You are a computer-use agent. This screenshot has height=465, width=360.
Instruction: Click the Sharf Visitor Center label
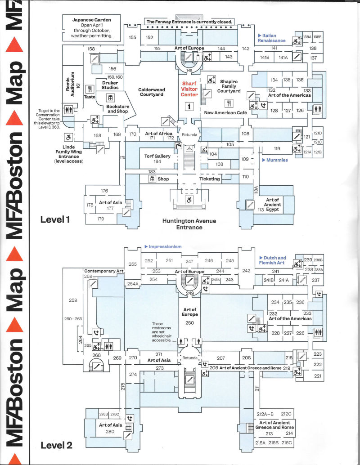[x=189, y=89]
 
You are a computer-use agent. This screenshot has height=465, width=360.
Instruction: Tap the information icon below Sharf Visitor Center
[x=189, y=106]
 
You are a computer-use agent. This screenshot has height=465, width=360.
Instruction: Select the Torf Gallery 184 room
[x=157, y=159]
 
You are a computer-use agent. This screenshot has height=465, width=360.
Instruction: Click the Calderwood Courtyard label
[x=151, y=92]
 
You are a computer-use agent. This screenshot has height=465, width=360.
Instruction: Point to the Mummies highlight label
[x=275, y=160]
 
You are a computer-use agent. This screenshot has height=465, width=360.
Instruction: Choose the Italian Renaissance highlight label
[x=271, y=38]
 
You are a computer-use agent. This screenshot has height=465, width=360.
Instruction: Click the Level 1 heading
[x=55, y=219]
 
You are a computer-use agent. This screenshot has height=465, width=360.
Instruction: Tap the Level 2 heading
[x=56, y=445]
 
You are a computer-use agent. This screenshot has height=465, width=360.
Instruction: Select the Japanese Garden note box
[x=92, y=28]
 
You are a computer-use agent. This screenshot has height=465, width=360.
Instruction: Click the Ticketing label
[x=210, y=179]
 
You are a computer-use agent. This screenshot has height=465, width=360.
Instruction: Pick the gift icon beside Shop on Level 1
[x=152, y=179]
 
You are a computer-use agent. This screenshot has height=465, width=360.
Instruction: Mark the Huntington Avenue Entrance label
[x=189, y=224]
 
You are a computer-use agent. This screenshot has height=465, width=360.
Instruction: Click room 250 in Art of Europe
[x=189, y=323]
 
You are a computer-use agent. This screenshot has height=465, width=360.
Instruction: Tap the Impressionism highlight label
[x=163, y=246]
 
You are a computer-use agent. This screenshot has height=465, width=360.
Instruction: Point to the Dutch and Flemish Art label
[x=272, y=260]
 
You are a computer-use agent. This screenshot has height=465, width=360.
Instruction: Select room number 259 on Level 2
[x=73, y=300]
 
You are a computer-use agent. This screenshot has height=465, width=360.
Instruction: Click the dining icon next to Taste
[x=90, y=89]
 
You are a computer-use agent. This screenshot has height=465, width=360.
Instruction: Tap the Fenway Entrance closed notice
[x=189, y=22]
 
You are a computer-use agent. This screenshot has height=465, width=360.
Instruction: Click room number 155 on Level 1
[x=132, y=37]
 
